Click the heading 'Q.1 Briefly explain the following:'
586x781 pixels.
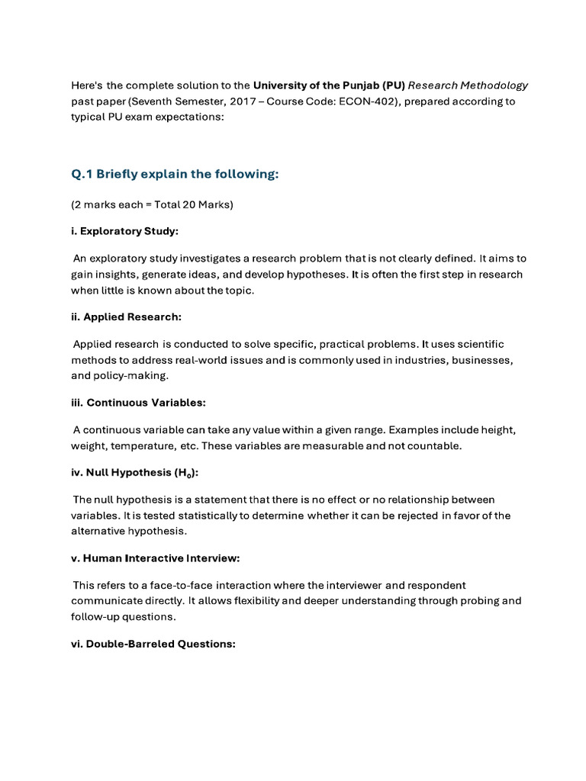click(x=175, y=175)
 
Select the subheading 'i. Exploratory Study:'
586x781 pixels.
click(x=125, y=230)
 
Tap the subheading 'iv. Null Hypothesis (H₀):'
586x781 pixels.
click(x=135, y=473)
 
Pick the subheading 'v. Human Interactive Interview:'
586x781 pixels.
click(x=156, y=558)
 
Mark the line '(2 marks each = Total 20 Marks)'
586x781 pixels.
click(x=152, y=205)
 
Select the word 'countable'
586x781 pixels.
click(x=435, y=446)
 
